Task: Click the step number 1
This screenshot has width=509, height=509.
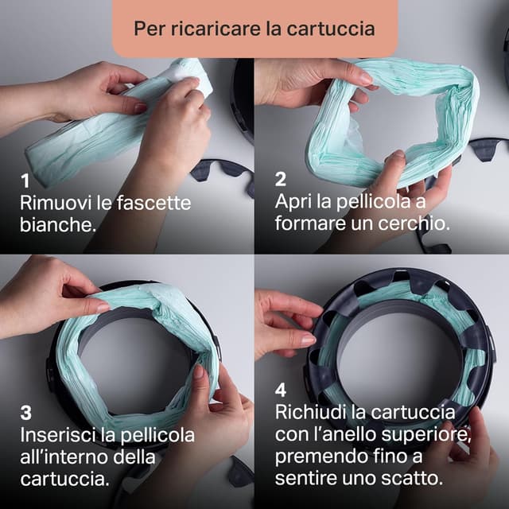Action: tap(25, 181)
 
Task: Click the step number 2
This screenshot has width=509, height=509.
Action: tap(281, 181)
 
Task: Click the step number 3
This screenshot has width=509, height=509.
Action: tap(25, 413)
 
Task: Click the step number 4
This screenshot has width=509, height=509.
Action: tap(281, 390)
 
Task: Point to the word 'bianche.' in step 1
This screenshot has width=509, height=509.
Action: tap(57, 224)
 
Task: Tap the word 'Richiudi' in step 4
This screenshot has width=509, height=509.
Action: tap(311, 413)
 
